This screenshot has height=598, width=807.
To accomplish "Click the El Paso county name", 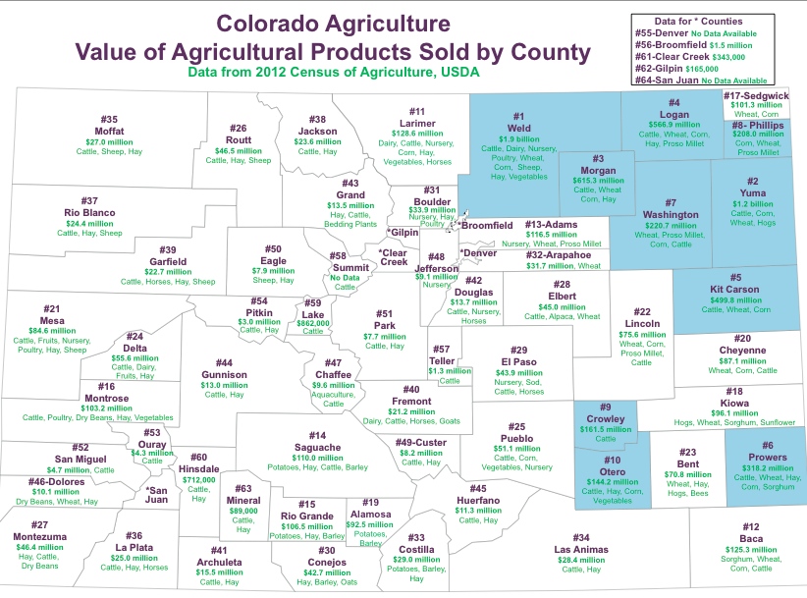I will (x=520, y=362).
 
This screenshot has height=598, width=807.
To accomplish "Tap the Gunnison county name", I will (x=224, y=374).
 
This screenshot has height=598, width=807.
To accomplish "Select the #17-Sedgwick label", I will (x=756, y=95).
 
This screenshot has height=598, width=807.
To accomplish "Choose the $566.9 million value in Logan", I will (x=674, y=125).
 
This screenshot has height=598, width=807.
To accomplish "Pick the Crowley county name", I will (x=606, y=418).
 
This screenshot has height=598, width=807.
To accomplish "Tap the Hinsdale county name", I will (x=199, y=467).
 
